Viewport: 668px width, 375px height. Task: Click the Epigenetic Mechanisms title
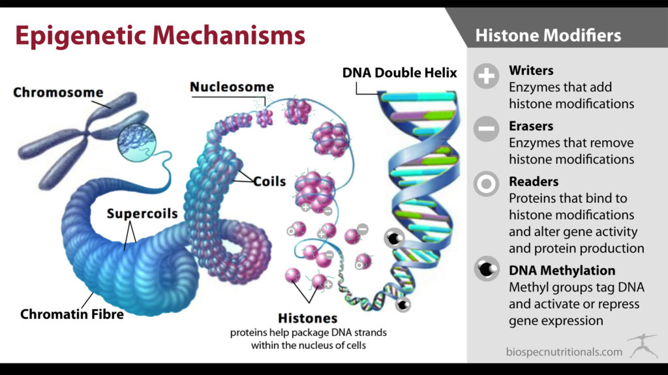160,36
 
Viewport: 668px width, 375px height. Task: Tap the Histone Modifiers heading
548,35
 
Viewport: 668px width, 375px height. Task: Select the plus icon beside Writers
486,76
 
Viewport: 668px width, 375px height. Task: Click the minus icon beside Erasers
486,128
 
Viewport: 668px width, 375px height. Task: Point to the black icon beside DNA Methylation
487,269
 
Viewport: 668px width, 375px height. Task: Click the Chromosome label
58,92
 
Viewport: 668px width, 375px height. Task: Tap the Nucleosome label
232,87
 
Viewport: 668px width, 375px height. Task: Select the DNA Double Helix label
400,73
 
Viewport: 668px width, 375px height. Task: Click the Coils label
269,181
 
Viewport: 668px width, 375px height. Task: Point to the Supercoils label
142,213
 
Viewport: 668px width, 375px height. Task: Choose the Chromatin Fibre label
72,314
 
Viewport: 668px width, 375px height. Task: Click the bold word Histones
308,318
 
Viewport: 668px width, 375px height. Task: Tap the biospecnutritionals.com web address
564,352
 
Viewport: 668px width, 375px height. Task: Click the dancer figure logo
643,346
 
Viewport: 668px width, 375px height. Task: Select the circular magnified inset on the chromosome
137,143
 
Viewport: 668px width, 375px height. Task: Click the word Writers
531,70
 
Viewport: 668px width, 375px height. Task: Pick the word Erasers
531,126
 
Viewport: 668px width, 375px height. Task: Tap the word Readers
534,181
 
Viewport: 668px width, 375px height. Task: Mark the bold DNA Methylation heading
562,271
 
